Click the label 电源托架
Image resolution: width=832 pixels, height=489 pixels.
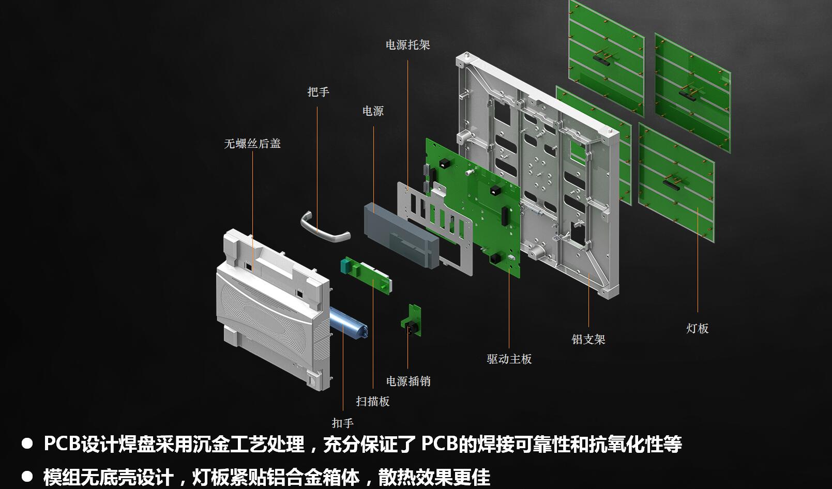[408, 45]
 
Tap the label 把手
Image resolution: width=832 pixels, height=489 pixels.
[319, 91]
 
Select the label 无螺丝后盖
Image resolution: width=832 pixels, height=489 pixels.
[252, 143]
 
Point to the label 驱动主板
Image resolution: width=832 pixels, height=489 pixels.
[509, 359]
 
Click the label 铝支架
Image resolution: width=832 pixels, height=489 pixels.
[588, 339]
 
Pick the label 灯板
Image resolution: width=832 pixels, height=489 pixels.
[698, 328]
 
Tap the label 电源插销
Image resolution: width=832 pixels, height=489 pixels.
[408, 381]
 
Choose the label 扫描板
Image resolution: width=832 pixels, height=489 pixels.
[373, 401]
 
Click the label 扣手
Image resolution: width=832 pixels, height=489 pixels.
[343, 422]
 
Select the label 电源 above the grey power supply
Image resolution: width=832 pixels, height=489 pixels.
[373, 111]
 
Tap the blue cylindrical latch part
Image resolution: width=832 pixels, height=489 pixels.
[349, 323]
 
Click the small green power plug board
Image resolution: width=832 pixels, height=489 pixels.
[411, 320]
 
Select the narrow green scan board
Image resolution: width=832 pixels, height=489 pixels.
[366, 274]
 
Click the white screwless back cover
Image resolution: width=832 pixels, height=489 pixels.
[273, 310]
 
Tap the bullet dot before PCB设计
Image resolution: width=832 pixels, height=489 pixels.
[27, 444]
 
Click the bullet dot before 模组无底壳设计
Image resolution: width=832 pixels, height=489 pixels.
[27, 477]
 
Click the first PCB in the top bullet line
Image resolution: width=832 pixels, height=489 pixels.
[62, 444]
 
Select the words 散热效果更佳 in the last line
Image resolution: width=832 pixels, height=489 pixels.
[434, 477]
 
